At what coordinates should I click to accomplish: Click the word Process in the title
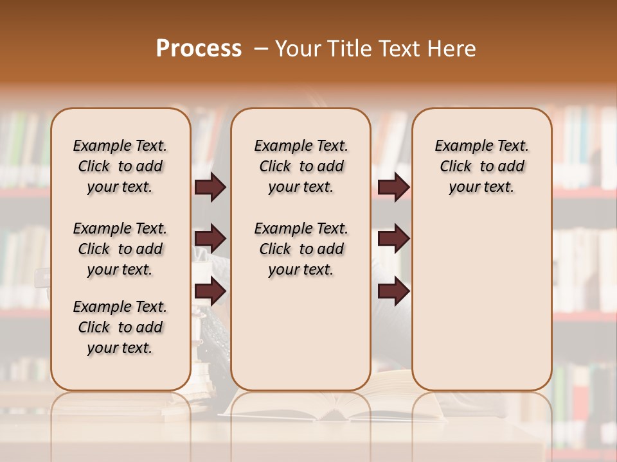[199, 49]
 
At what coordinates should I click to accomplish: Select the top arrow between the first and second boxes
[210, 187]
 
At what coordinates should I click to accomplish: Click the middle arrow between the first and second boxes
[210, 239]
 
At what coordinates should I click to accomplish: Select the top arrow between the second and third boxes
[393, 187]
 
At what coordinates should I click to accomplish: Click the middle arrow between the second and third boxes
[393, 239]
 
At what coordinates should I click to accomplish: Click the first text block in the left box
[120, 166]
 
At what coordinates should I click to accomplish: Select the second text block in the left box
[120, 249]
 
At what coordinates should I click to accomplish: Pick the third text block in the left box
[120, 327]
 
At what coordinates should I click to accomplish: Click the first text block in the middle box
[301, 166]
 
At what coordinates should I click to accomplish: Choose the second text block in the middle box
[301, 249]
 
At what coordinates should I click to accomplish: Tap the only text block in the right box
[481, 166]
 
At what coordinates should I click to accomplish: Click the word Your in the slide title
[298, 49]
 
